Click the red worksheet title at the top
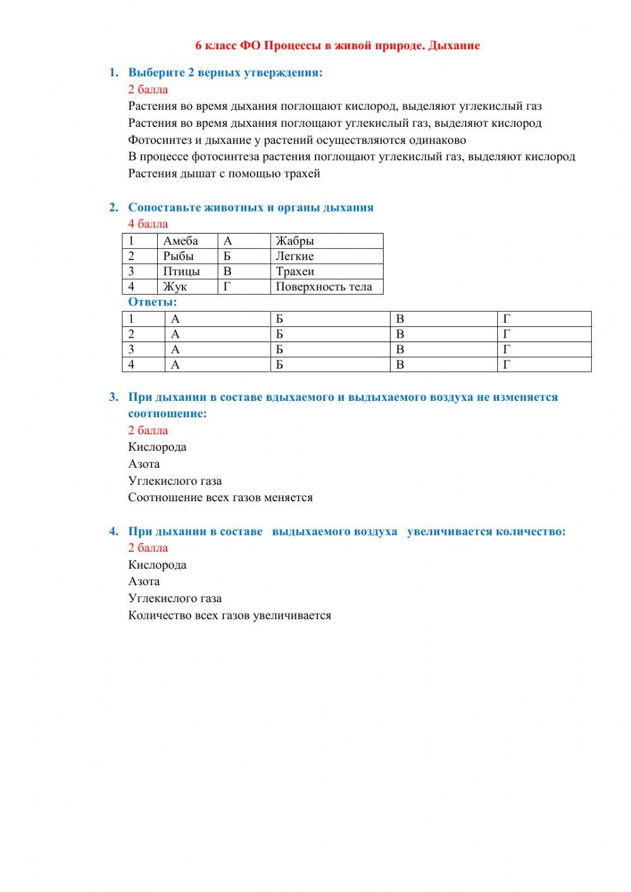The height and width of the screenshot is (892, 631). tap(338, 45)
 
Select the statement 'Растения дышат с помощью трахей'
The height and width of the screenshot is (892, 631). tap(224, 174)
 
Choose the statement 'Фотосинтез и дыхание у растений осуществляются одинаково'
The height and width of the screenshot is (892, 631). tap(297, 140)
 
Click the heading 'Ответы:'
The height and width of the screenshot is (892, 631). tap(153, 302)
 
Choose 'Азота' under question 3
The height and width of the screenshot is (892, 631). tap(144, 464)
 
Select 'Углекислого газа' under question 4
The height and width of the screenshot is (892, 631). tap(175, 598)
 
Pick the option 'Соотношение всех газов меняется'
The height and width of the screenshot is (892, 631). tap(220, 497)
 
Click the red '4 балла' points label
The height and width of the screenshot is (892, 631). tap(148, 223)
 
